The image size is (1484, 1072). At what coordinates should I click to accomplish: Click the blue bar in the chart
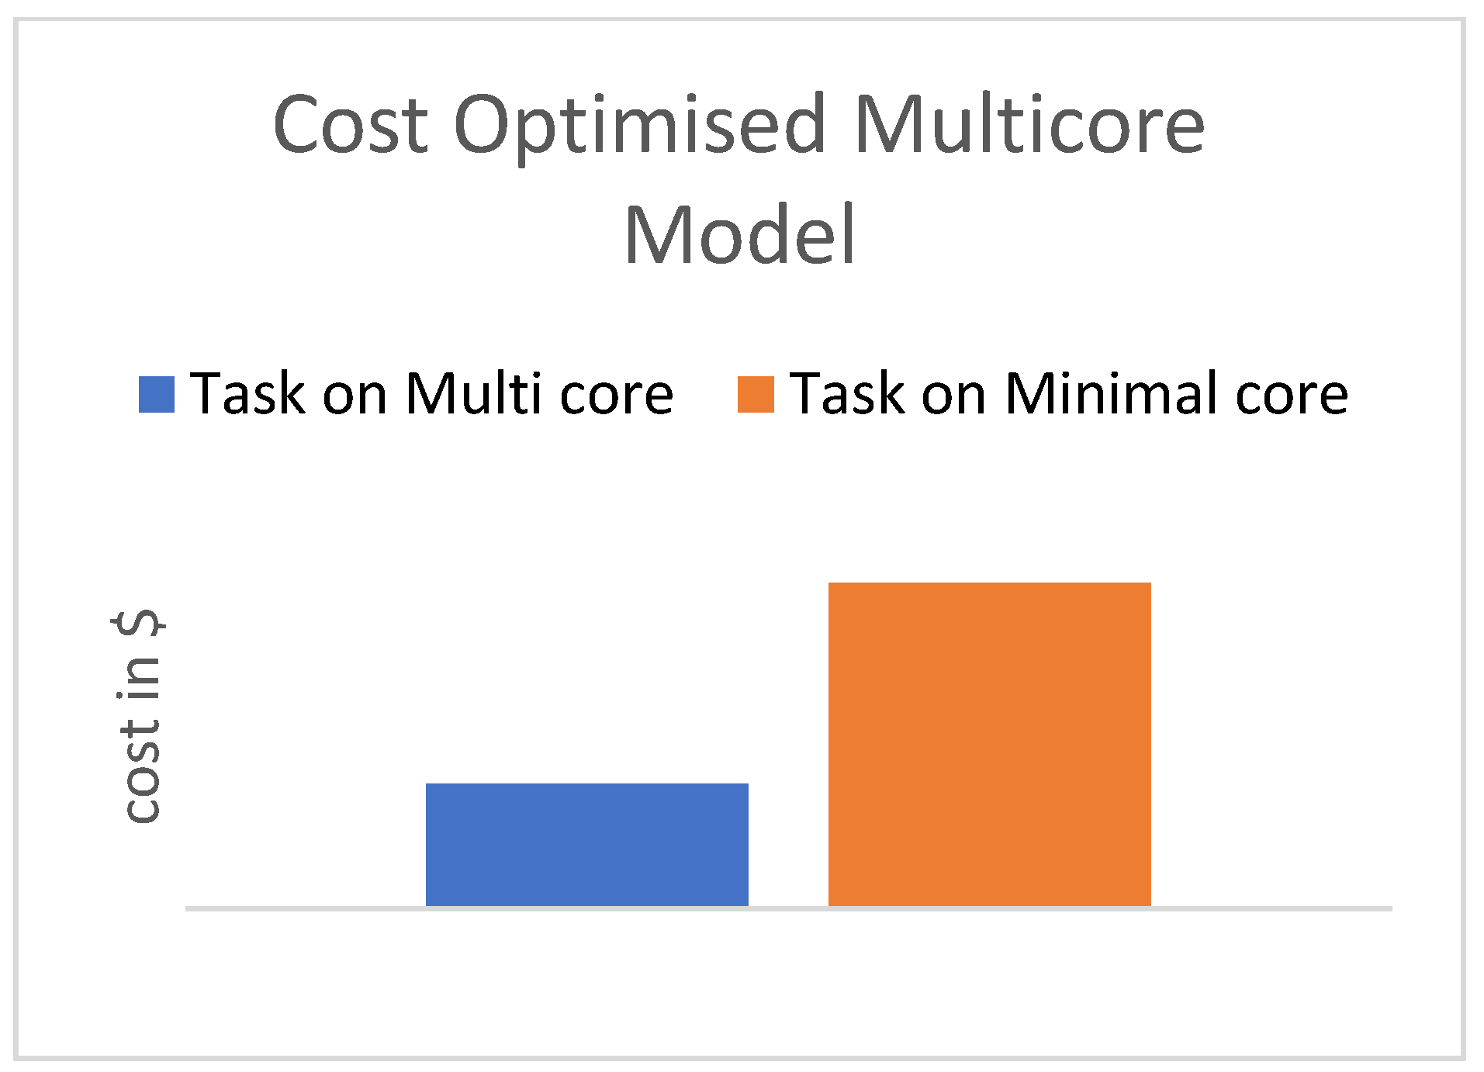click(586, 844)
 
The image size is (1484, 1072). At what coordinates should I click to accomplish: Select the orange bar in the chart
click(989, 743)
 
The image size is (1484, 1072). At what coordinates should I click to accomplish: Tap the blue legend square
click(157, 394)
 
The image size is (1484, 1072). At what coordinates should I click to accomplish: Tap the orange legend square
click(755, 394)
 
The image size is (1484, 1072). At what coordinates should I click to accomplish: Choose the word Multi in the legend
click(473, 394)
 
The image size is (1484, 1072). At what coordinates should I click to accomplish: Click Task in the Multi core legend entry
click(248, 394)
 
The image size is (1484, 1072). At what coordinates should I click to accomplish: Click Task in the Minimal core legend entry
click(847, 394)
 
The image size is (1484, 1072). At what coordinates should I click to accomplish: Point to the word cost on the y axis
click(142, 771)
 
